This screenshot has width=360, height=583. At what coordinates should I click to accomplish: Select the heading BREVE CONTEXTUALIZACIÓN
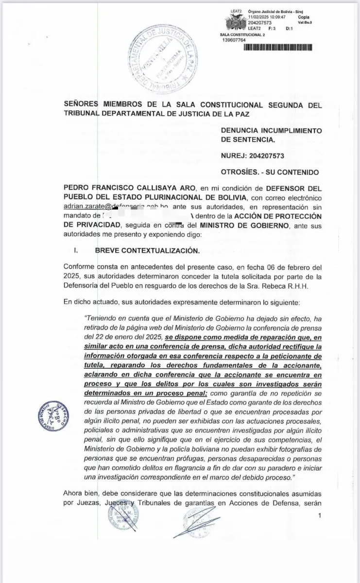tap(147, 251)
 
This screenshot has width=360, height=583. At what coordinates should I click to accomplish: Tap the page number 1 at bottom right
tap(319, 515)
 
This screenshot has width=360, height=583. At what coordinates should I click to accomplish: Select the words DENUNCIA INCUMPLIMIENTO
tap(271, 130)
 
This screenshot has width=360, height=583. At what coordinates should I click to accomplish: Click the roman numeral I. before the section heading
tap(76, 251)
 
